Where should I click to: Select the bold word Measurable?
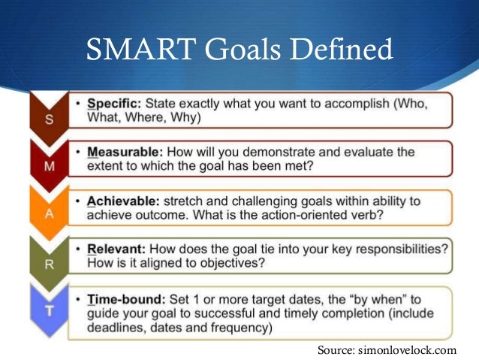(125, 152)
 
